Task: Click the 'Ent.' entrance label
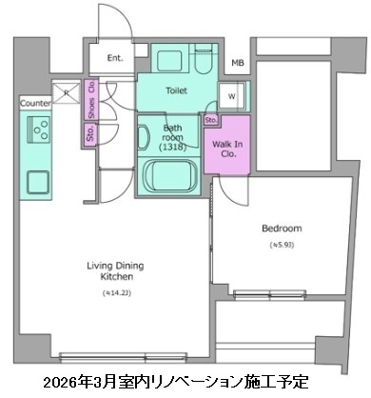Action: (x=115, y=58)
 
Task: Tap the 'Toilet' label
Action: (x=176, y=91)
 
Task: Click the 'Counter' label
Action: (x=35, y=101)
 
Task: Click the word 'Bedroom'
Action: (x=282, y=229)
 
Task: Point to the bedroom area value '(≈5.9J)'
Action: (x=282, y=247)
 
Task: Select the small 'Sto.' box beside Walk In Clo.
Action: (x=210, y=120)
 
